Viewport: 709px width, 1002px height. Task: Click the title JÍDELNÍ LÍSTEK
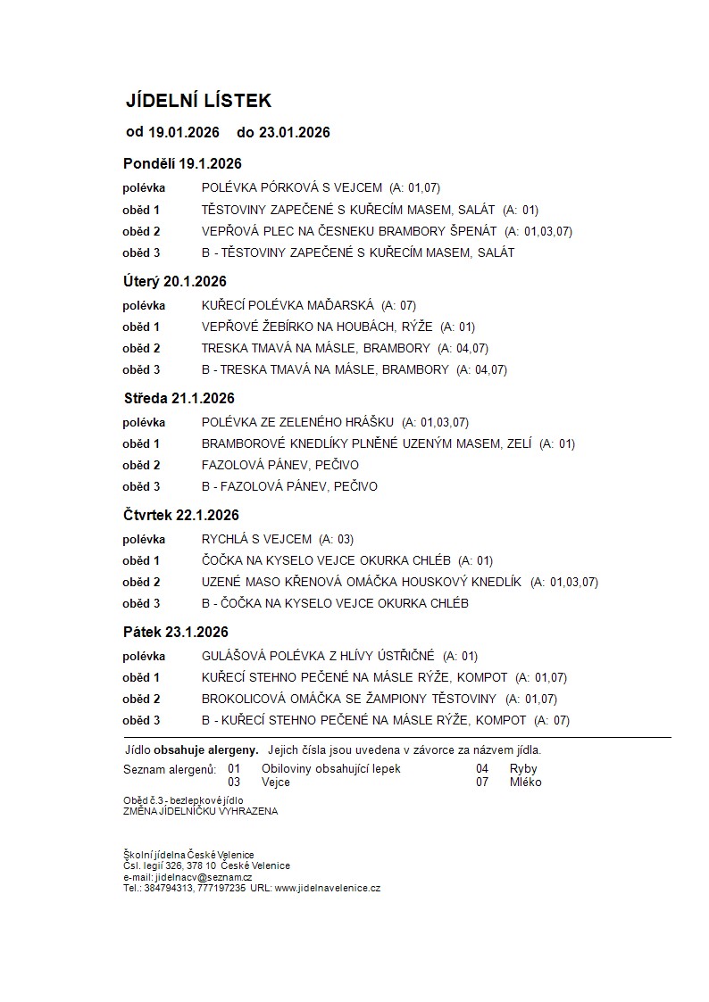198,101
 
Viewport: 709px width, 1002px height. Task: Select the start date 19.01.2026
183,133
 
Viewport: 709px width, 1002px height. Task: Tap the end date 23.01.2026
294,133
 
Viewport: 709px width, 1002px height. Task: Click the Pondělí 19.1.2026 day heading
182,163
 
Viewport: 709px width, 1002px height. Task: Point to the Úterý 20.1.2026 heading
174,281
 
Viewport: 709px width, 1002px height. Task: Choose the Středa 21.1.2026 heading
179,398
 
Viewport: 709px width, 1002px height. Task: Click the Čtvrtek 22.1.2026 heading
181,515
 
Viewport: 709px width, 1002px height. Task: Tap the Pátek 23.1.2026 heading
176,632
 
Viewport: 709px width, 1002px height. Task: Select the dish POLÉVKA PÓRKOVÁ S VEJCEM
292,188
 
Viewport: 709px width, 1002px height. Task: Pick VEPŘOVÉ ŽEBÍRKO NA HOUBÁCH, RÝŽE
318,327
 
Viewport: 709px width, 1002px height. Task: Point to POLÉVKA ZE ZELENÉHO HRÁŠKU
297,422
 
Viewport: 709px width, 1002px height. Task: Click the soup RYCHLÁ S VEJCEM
257,539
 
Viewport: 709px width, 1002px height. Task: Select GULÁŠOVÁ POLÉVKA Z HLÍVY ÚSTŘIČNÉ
318,656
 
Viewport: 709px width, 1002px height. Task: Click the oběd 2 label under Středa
141,465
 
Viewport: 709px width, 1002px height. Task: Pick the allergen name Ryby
523,768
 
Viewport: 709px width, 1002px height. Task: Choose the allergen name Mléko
525,783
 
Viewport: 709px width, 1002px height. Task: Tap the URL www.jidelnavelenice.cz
328,889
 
